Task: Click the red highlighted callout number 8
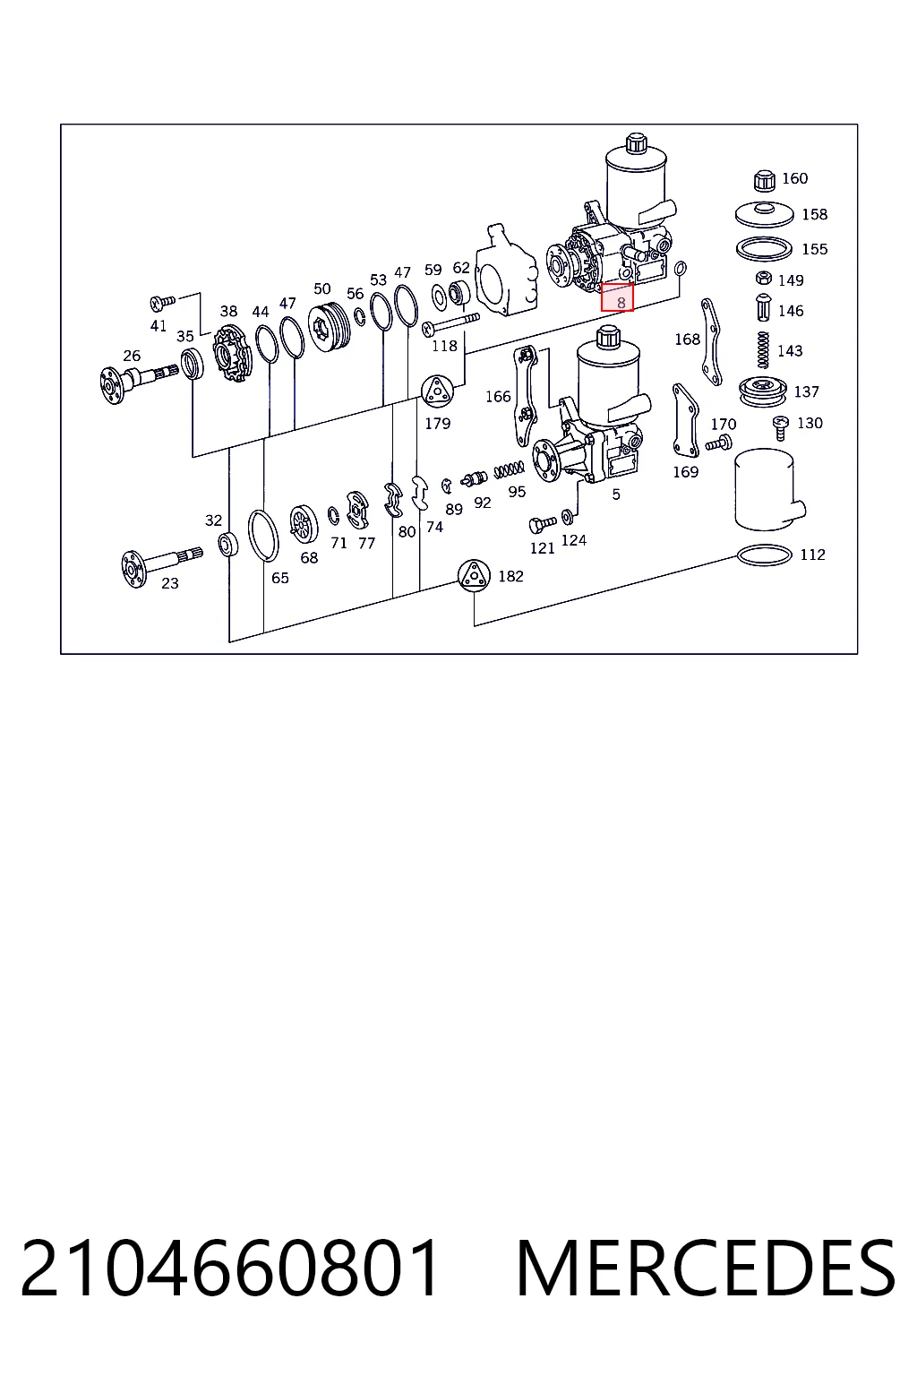click(x=617, y=298)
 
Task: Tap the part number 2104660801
click(x=230, y=1268)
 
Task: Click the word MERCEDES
click(x=706, y=1268)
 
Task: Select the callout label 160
click(x=795, y=178)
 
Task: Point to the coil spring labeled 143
click(x=763, y=350)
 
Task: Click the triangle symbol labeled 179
click(x=437, y=391)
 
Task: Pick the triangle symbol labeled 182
click(x=474, y=576)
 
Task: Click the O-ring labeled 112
click(x=764, y=555)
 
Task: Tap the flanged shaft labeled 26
click(x=138, y=379)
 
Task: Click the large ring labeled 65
click(x=263, y=536)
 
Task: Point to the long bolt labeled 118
click(x=450, y=323)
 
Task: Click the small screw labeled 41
click(x=163, y=302)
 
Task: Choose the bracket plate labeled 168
click(x=711, y=341)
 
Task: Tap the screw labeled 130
click(x=780, y=427)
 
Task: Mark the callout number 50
click(x=321, y=288)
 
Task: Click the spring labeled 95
click(x=510, y=469)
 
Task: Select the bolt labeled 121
click(x=543, y=524)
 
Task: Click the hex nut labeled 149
click(x=764, y=278)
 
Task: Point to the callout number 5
click(x=616, y=494)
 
